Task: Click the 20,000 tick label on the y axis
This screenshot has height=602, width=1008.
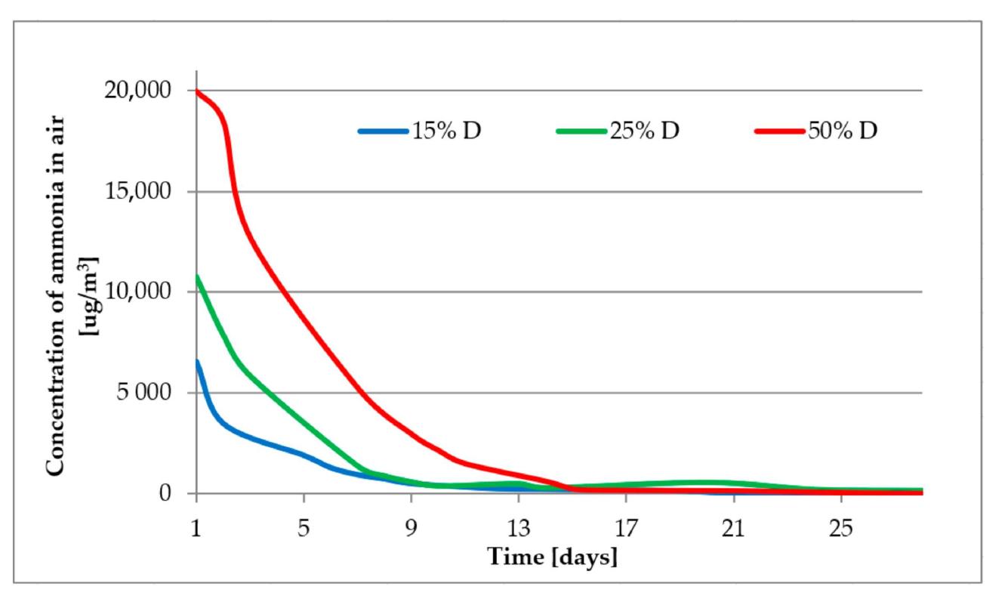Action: point(137,91)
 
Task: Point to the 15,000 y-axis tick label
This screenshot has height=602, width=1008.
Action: point(137,191)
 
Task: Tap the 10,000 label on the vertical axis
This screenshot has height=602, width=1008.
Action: point(137,292)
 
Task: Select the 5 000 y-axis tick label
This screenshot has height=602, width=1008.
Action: point(144,393)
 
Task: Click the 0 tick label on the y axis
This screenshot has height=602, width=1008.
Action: point(165,493)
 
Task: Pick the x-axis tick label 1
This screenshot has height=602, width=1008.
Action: point(196,529)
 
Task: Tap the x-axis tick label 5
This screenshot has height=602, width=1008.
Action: point(304,529)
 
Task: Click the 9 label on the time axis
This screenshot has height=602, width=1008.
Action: point(411,529)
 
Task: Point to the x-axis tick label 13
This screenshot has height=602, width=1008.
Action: point(519,529)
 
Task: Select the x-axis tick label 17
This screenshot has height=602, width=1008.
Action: point(626,529)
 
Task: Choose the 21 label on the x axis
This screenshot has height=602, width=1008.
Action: point(733,529)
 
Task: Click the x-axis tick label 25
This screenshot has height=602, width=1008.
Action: point(841,529)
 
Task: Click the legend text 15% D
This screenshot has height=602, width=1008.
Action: point(446,131)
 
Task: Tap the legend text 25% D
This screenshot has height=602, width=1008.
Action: point(644,131)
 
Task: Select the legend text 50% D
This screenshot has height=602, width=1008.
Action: point(843,131)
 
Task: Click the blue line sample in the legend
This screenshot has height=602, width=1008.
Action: point(384,131)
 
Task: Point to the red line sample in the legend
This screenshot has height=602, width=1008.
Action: point(780,131)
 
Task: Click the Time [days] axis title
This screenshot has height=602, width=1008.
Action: point(553,557)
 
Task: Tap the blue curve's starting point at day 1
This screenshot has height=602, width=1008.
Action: point(196,361)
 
